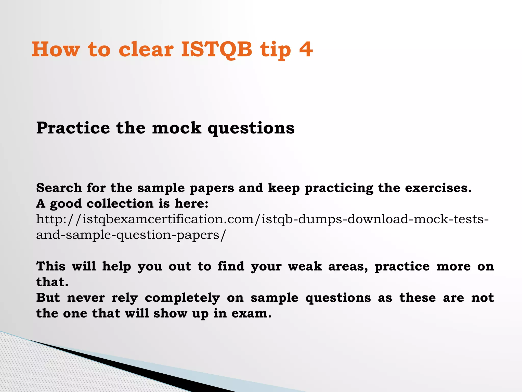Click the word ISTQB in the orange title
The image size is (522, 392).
click(217, 49)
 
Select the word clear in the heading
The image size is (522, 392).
click(146, 49)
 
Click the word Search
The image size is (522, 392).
click(59, 188)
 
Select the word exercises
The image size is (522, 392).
click(438, 188)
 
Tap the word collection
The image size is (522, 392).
click(120, 204)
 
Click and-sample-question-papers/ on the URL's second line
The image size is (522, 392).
click(131, 235)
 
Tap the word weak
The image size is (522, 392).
click(305, 266)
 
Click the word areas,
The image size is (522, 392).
click(348, 267)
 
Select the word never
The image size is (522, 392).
click(86, 298)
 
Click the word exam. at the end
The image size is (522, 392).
click(251, 313)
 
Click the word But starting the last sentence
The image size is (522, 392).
click(48, 298)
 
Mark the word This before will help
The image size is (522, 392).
click(51, 266)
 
